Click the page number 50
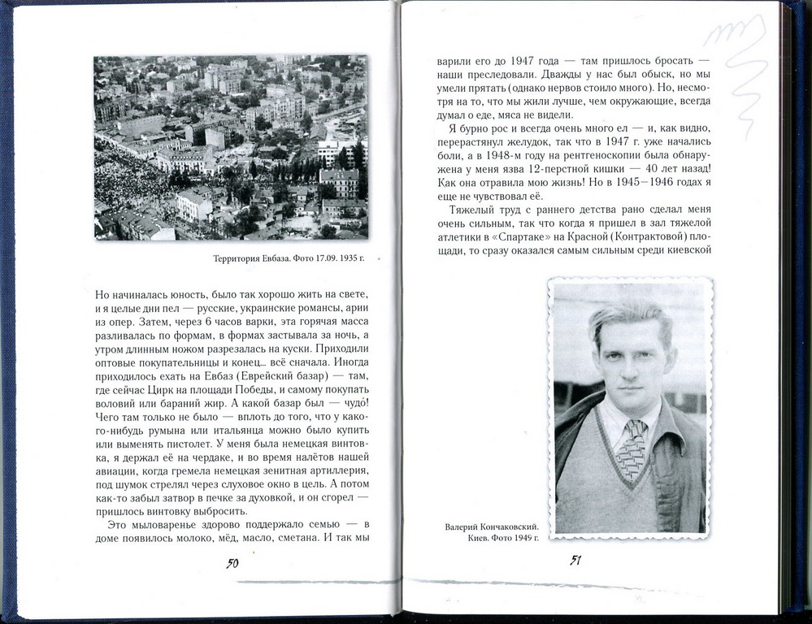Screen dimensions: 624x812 pos(232,563)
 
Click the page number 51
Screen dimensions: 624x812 pos(575,560)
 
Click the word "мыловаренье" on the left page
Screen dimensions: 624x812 pos(158,523)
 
